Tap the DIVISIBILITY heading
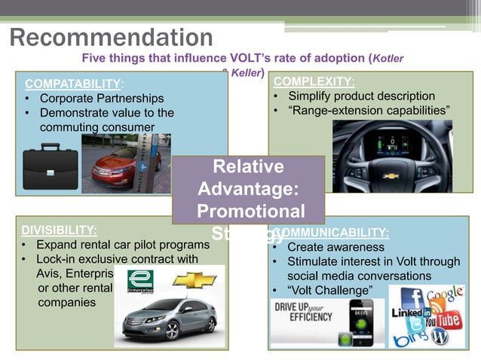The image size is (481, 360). [x=59, y=230]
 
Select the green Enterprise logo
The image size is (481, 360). [x=140, y=282]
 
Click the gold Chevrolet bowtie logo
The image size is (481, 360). [x=195, y=281]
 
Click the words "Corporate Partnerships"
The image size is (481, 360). [x=101, y=99]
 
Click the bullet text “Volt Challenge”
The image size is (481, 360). [x=329, y=291]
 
